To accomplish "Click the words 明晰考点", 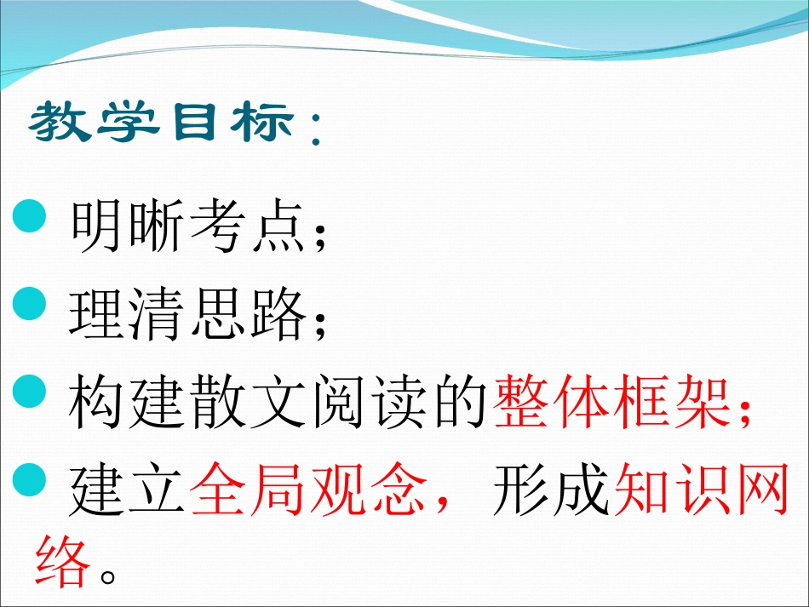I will coord(186,226).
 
